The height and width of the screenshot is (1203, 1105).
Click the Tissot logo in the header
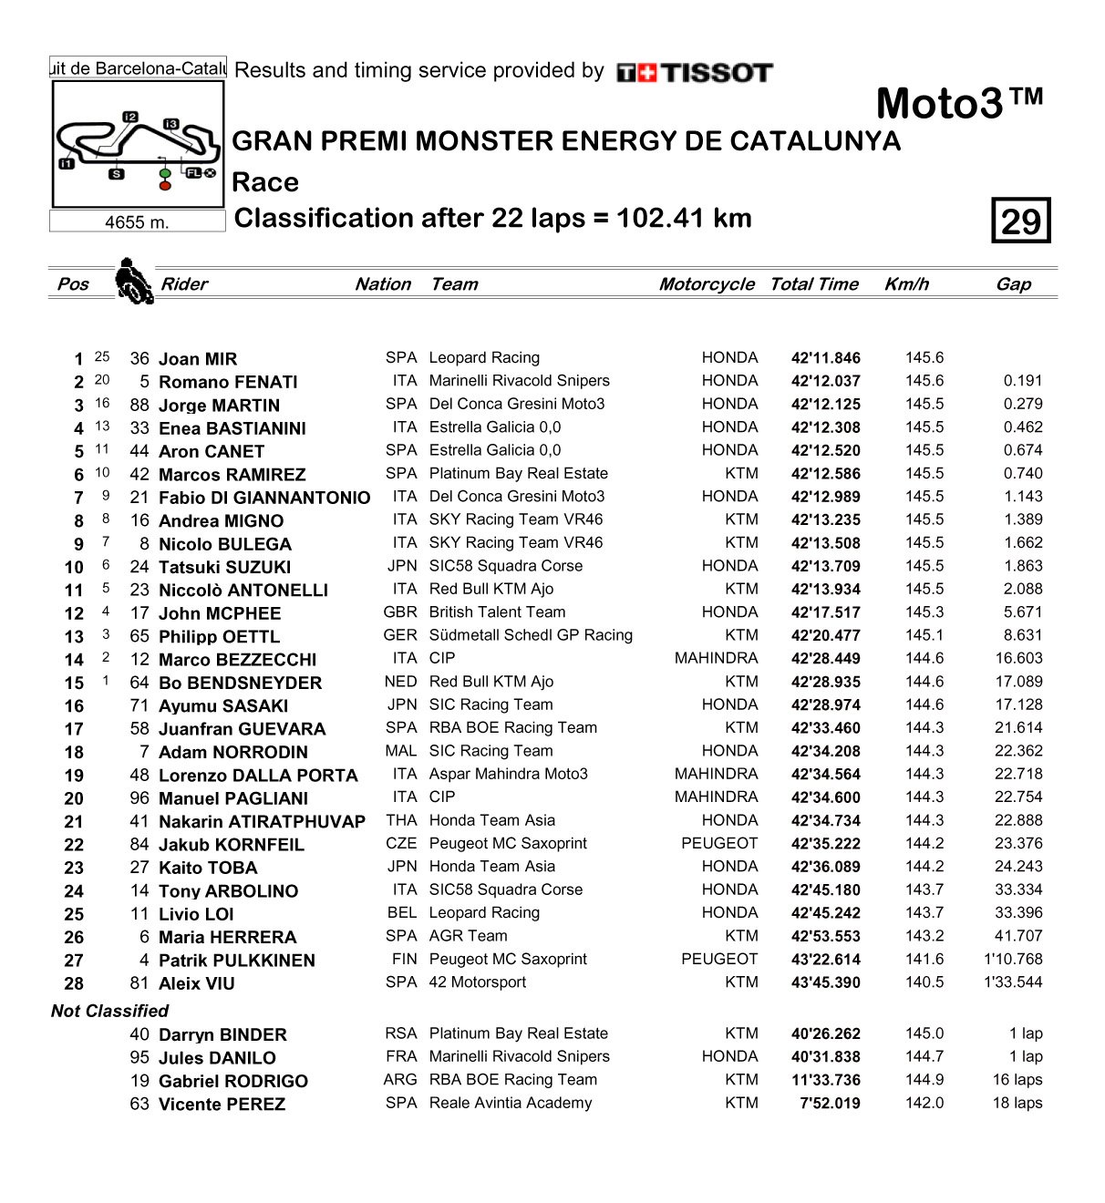coord(695,73)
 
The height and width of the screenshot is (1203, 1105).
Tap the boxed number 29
coord(1020,221)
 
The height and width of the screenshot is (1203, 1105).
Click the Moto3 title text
coord(958,103)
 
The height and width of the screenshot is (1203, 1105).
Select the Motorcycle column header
coord(707,284)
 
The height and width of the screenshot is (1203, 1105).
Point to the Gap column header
coord(1013,284)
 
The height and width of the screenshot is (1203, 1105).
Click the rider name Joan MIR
coord(198,359)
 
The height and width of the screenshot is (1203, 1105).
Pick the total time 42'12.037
coord(825,382)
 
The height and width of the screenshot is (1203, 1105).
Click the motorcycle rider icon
coord(133,281)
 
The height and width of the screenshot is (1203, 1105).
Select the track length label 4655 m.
coord(137,222)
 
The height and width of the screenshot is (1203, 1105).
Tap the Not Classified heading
coord(109,1011)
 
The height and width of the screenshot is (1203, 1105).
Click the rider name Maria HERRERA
coord(227,937)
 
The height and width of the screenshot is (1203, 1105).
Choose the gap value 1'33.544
coord(1013,982)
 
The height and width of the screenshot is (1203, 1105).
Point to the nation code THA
coord(401,820)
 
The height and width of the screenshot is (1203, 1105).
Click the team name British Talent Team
coord(497,612)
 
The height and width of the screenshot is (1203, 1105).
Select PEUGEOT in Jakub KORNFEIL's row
coord(719,843)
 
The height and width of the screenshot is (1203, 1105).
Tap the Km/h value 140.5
coord(924,982)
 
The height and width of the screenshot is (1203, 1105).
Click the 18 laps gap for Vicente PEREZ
coord(1017,1103)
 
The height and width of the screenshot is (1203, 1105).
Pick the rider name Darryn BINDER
coord(222,1034)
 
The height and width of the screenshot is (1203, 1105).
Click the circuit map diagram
coord(138,144)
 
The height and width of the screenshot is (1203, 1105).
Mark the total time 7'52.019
coord(830,1103)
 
